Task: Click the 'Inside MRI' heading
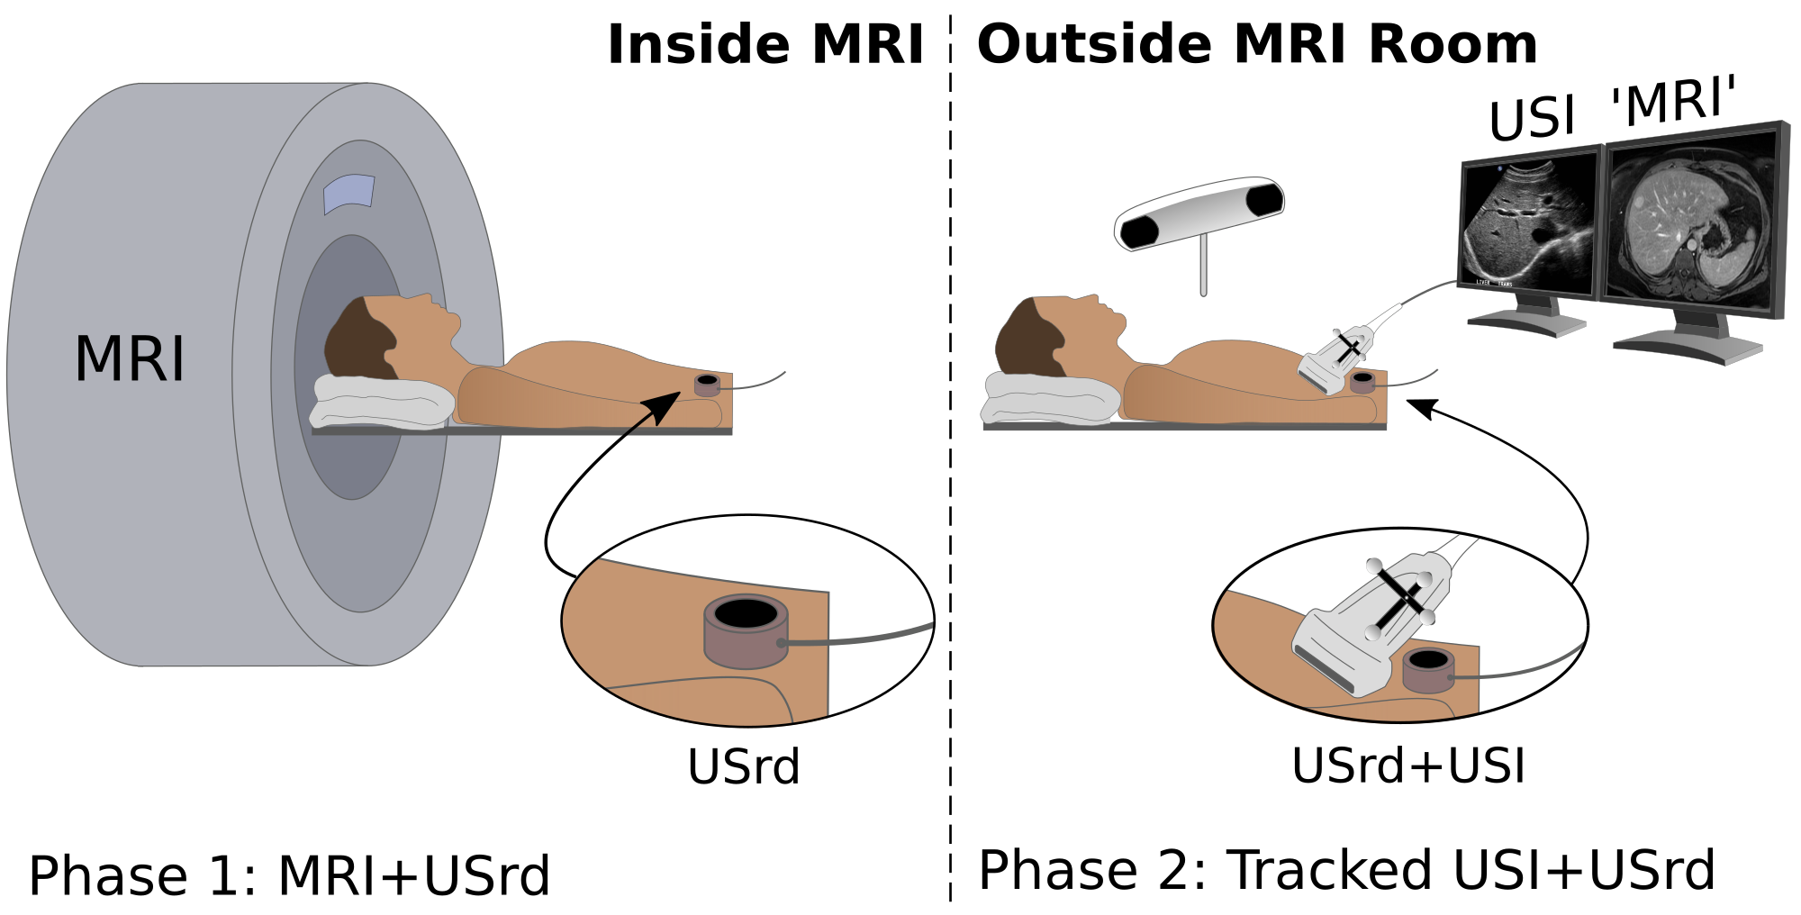click(x=765, y=44)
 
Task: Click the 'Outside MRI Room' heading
click(x=1257, y=44)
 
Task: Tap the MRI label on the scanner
click(x=130, y=359)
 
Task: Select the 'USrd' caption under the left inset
click(x=744, y=767)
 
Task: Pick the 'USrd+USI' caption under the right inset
click(x=1408, y=766)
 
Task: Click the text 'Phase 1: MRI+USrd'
click(x=289, y=875)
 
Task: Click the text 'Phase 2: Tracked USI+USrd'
click(x=1346, y=871)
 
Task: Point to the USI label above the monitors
click(x=1532, y=118)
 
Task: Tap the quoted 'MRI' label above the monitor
click(x=1673, y=101)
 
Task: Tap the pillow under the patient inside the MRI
click(x=383, y=401)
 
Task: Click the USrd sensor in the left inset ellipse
click(x=746, y=630)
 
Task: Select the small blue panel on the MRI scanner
click(x=348, y=193)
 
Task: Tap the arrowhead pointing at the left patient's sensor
click(x=666, y=406)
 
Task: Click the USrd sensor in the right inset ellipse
click(x=1428, y=670)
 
